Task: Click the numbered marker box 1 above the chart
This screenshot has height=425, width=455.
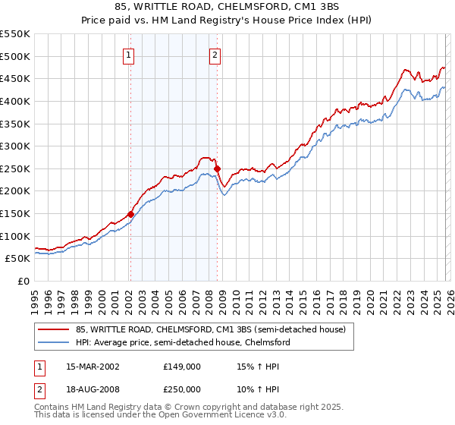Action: pos(130,55)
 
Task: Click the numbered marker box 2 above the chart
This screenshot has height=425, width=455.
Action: pos(215,55)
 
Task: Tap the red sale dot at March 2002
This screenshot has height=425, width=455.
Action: pos(130,214)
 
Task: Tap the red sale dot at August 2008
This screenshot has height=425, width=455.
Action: pos(217,168)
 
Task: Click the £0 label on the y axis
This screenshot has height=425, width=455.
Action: pos(23,281)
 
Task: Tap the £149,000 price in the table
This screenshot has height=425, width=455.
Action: pos(182,366)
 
